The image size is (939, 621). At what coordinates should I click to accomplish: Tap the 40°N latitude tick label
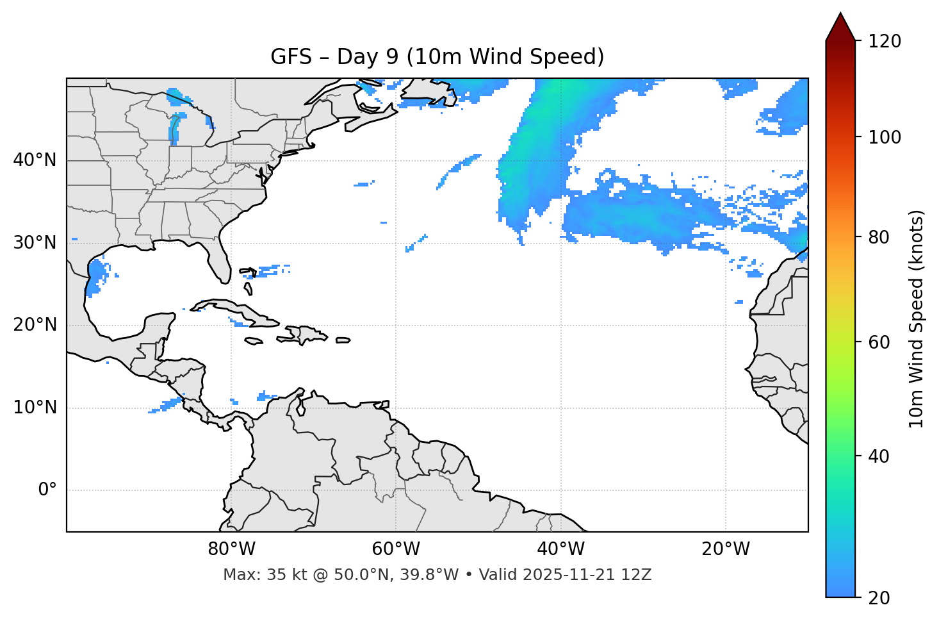click(35, 160)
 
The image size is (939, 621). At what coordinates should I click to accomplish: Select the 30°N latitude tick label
click(35, 243)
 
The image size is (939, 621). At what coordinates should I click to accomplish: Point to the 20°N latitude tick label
click(35, 325)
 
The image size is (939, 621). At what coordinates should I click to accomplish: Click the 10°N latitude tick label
click(35, 408)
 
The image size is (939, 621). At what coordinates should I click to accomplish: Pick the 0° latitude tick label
click(47, 490)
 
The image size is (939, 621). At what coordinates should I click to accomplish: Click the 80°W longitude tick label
click(231, 549)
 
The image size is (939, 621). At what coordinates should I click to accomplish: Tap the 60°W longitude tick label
click(396, 549)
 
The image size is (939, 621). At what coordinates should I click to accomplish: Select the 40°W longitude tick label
click(560, 549)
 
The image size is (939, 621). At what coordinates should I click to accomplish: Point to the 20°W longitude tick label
click(725, 549)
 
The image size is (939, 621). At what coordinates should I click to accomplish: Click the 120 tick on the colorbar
click(885, 42)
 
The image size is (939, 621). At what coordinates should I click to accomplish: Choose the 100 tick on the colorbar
click(885, 137)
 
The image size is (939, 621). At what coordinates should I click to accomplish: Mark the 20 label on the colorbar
click(879, 598)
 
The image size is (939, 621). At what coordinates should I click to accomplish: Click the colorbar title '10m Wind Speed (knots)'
click(917, 319)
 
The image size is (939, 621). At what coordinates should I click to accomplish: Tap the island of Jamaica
click(254, 341)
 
